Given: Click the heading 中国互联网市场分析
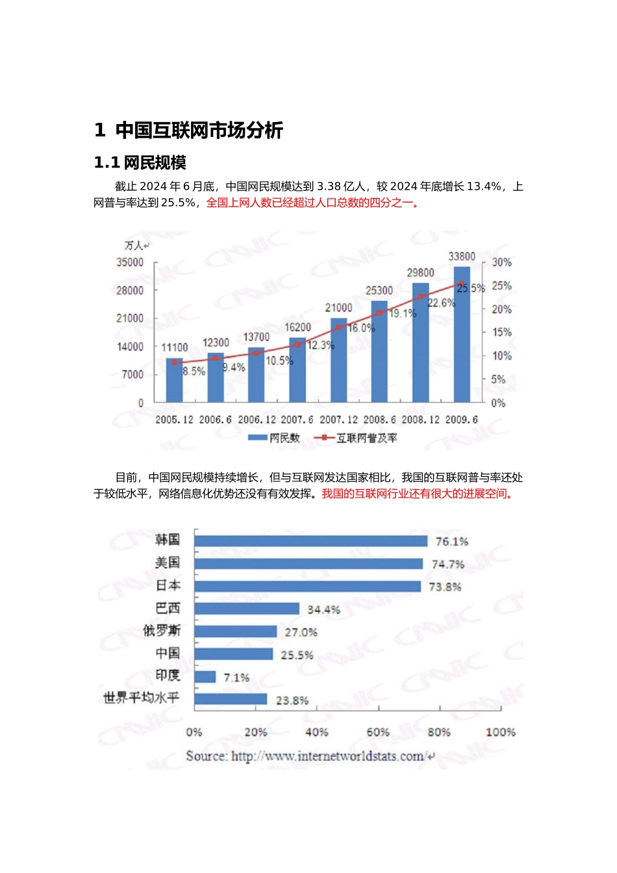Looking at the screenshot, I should [199, 131].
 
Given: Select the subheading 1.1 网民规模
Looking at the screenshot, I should [140, 162].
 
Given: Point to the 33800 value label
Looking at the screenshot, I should [462, 257].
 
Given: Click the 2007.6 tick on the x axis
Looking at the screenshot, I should [297, 420].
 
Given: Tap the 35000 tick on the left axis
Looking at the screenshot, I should [130, 262].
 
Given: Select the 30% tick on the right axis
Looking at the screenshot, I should [501, 262].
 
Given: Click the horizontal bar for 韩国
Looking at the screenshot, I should [310, 541].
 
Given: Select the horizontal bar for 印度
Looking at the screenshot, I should [205, 677].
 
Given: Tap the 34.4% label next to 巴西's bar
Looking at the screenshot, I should [323, 610].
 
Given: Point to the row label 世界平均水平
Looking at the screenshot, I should [141, 698].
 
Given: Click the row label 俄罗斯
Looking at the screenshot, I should [162, 631].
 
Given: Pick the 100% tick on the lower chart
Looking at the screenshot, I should [500, 732].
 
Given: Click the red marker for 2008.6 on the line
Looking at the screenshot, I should [379, 313].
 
